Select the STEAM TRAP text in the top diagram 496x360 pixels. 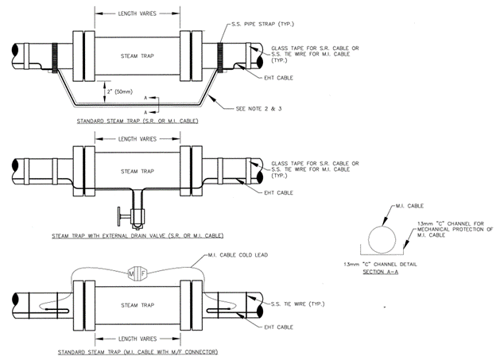[x=137, y=56]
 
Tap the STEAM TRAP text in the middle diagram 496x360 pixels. [x=137, y=171]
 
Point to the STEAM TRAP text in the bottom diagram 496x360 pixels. [x=137, y=304]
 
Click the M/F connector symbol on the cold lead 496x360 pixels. [x=137, y=273]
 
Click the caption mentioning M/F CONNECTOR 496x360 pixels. [x=137, y=350]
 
